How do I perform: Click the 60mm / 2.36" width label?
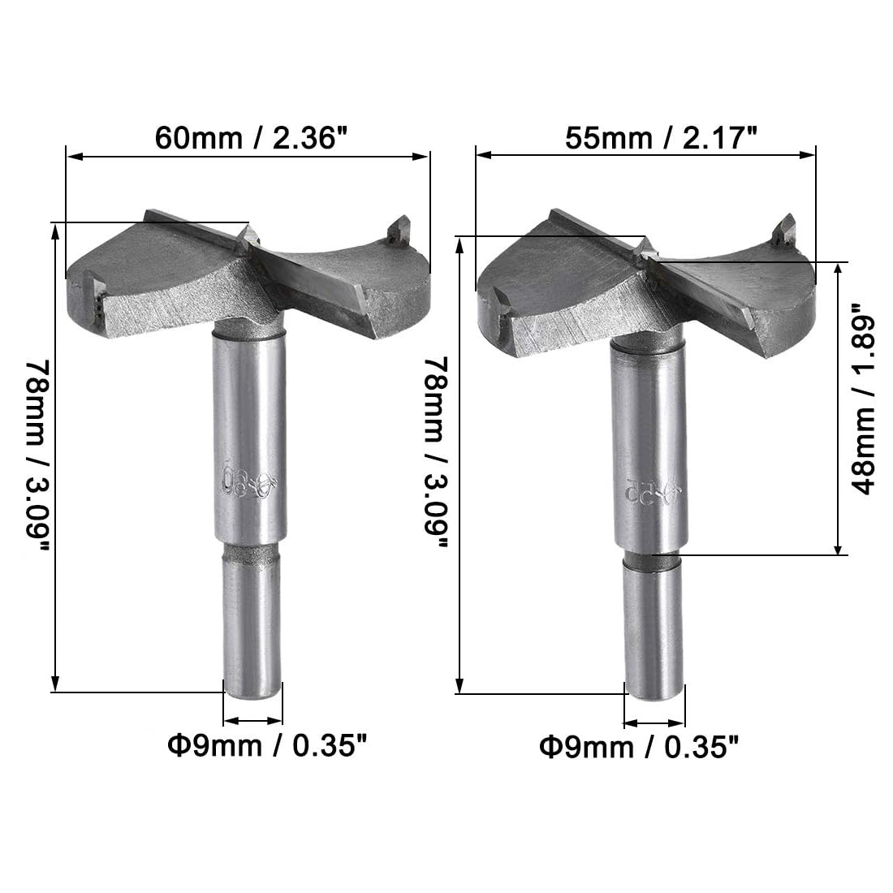pyautogui.click(x=251, y=138)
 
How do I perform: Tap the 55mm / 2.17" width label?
pyautogui.click(x=661, y=138)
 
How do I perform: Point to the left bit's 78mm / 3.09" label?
pyautogui.click(x=37, y=456)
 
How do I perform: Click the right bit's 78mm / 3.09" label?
pyautogui.click(x=437, y=453)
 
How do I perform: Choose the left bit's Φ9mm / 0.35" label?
pyautogui.click(x=266, y=745)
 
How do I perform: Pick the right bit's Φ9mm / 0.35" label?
pyautogui.click(x=639, y=747)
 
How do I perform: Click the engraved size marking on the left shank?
pyautogui.click(x=248, y=481)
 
